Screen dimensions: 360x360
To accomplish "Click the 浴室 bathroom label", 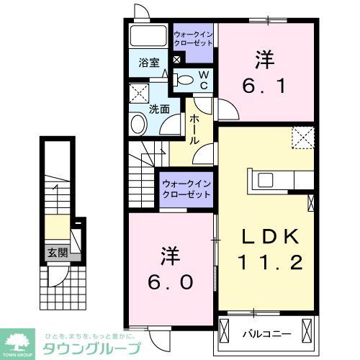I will (148, 62).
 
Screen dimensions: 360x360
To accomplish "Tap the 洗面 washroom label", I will (158, 109).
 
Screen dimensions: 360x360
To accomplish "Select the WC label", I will (204, 79).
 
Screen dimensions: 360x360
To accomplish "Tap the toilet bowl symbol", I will (185, 80).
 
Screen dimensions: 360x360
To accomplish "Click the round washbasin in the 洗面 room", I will (138, 124).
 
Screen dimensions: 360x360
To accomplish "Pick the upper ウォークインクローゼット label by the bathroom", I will (193, 38).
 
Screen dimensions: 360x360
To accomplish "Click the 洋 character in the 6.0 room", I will (171, 255).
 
